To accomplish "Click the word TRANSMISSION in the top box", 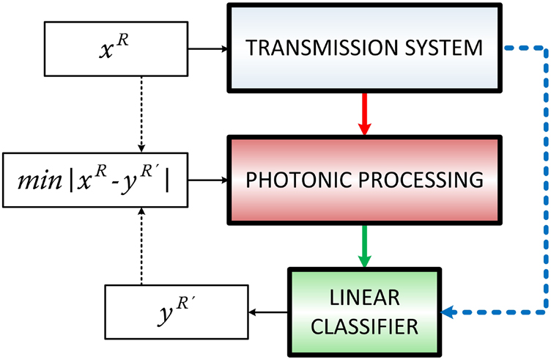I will point(326,48).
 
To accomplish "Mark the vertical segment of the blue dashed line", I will point(545,183).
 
